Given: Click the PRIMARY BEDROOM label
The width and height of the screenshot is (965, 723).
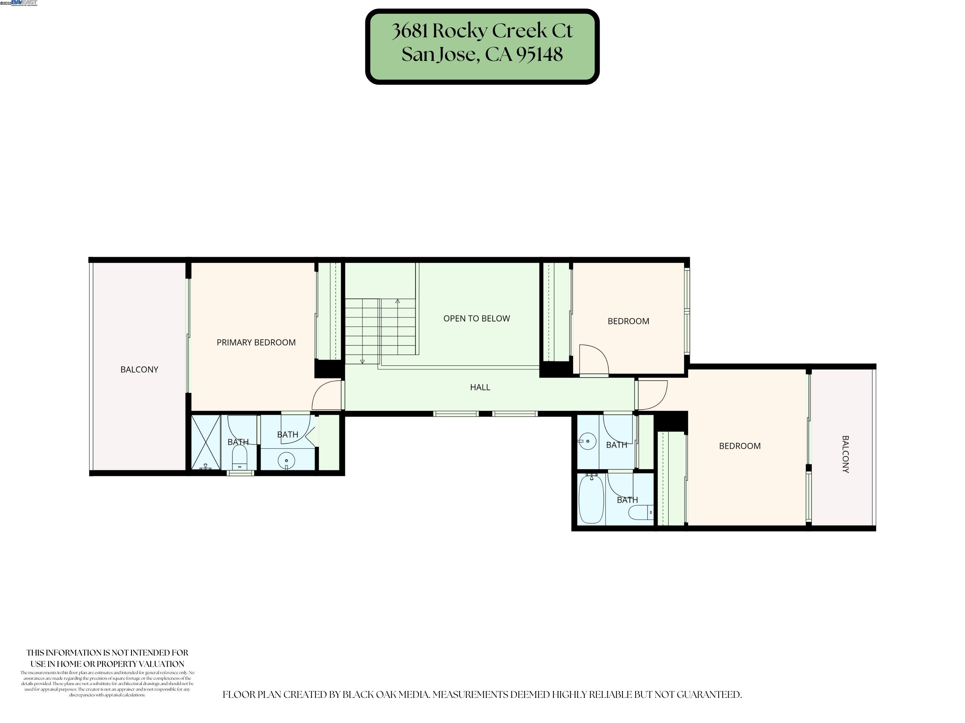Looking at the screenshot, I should (x=256, y=343).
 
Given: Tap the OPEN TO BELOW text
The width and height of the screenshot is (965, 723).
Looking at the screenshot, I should (x=477, y=319).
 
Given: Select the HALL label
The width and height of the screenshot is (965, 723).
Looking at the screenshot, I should (x=480, y=387).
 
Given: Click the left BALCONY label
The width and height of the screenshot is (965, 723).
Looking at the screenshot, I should (x=139, y=370).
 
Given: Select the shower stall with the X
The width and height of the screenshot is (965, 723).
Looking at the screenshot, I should (x=205, y=442).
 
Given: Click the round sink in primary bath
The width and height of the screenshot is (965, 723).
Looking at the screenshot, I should (x=286, y=460).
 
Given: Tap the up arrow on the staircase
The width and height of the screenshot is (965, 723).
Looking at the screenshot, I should (x=397, y=302).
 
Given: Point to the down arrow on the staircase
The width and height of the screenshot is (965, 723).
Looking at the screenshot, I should (x=362, y=361).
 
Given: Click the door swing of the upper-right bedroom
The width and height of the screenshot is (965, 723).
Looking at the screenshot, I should (x=594, y=359).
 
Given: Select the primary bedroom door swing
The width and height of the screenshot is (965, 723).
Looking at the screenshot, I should (x=326, y=395).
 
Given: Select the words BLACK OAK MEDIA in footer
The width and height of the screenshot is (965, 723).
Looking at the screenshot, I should (x=385, y=695).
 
